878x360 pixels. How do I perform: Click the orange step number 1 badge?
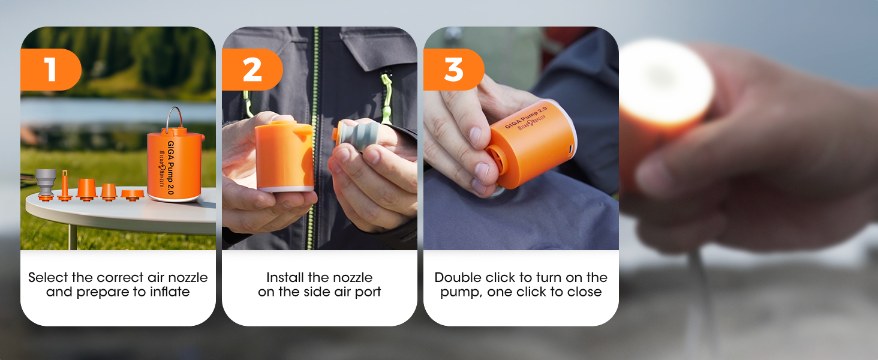point(50,70)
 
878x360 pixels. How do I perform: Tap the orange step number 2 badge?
point(252,70)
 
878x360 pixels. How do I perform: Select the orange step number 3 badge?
point(453,70)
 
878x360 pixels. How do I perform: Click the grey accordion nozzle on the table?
point(45,183)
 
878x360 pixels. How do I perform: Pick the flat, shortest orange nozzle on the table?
point(131,194)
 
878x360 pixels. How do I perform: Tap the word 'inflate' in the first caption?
point(170,292)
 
